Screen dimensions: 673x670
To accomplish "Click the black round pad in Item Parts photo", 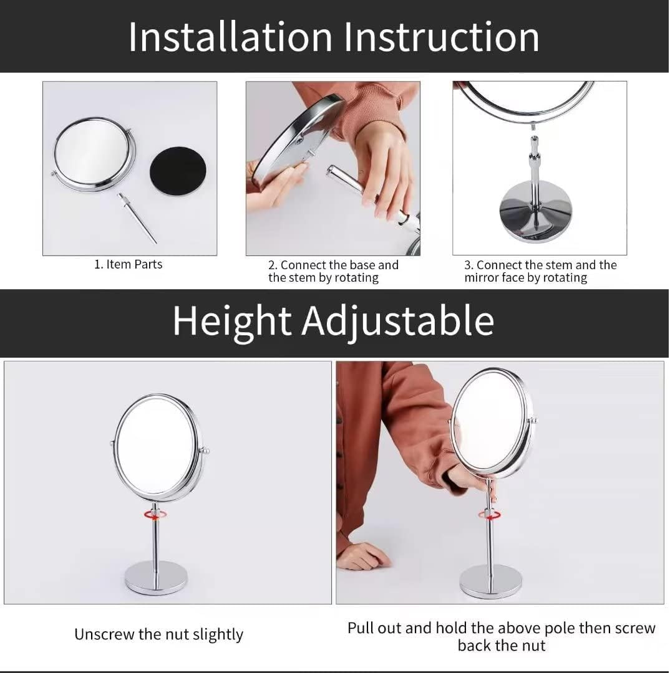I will coord(178,174).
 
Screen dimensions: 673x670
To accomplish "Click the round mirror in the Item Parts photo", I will coord(93,154).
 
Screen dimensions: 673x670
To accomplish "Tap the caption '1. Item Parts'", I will coord(129,264).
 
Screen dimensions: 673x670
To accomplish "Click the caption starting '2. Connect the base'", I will coord(333,271).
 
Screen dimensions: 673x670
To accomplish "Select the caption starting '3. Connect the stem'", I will coord(540,271).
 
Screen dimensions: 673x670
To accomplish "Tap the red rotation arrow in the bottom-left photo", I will coord(155,515).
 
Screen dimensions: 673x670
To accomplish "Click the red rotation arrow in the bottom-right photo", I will coord(490,515).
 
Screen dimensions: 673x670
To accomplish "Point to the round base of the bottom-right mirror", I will coord(490,581).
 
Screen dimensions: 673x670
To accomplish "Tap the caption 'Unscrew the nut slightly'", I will coord(158,634).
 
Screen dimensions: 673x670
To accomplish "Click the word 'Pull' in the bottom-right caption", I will coord(362,628).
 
